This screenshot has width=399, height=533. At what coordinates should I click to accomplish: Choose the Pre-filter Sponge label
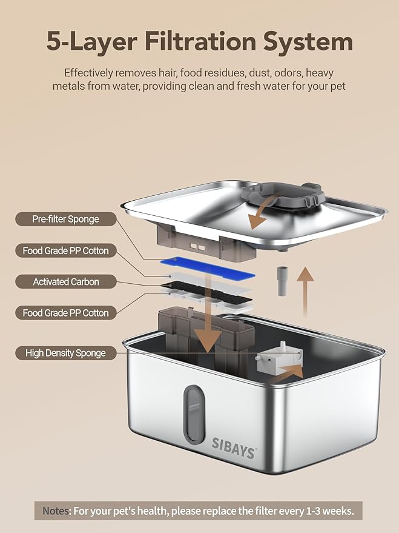(66, 219)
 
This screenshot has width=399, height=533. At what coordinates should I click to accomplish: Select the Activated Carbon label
(66, 281)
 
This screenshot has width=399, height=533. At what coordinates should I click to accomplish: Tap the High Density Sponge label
(66, 352)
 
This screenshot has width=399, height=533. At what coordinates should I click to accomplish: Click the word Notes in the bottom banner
(56, 511)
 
